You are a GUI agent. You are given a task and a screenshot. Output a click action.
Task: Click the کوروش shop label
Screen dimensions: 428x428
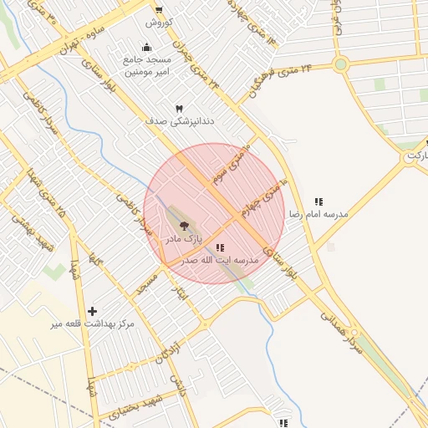point(158,23)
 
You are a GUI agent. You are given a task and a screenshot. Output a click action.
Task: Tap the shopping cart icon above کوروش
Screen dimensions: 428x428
point(159,11)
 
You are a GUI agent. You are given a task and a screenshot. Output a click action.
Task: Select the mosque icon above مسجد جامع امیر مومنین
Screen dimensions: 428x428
point(147,47)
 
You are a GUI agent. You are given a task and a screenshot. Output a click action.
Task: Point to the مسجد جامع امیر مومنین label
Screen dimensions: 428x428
point(147,66)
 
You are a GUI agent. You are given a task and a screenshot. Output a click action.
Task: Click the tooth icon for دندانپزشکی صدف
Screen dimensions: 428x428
point(179,109)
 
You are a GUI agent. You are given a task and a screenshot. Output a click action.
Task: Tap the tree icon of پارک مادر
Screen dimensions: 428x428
point(184,226)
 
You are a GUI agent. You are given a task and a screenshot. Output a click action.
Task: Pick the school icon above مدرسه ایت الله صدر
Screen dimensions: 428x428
point(220,247)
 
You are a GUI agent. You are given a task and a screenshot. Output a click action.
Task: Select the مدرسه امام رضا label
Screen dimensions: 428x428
point(318,215)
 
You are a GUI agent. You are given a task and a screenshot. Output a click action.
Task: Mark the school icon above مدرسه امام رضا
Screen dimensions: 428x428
point(318,201)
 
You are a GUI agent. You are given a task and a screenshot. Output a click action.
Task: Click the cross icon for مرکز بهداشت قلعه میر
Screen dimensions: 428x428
point(92,311)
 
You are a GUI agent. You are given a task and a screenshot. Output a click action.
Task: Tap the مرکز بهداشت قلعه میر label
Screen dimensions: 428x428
point(92,324)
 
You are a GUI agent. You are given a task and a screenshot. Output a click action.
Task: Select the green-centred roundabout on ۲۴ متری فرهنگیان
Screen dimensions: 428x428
point(340,64)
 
